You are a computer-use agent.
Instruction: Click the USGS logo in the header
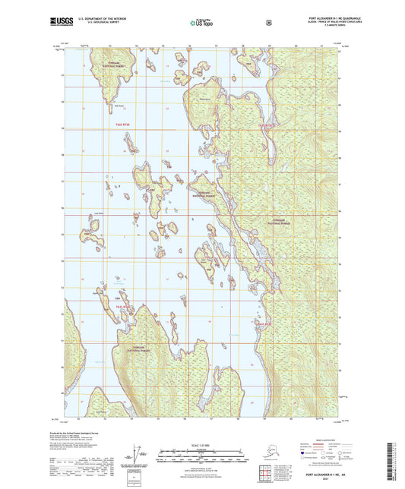click(x=58, y=24)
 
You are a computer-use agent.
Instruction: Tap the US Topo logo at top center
click(x=202, y=24)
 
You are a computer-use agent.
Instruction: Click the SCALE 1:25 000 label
click(x=202, y=444)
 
